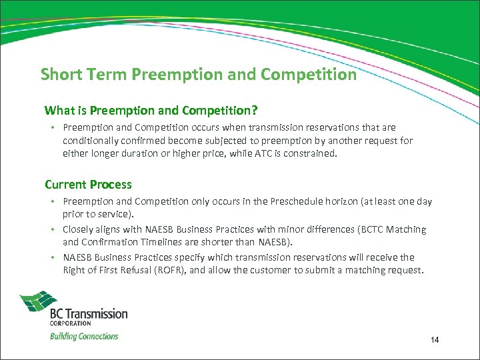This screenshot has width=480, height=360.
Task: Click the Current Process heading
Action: (88, 185)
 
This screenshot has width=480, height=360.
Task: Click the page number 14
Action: (435, 341)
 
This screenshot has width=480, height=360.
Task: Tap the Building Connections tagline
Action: (84, 336)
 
